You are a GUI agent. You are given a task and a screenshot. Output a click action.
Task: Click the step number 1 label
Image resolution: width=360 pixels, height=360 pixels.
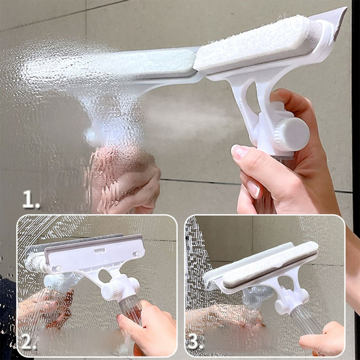click(31, 199)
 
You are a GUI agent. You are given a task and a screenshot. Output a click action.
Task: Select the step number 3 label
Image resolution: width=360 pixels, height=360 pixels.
click(195, 343)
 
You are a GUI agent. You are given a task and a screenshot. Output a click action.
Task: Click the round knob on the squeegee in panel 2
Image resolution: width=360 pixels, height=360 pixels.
click(109, 291)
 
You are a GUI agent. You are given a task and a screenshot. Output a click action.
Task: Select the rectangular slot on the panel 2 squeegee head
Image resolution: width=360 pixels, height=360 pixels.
click(99, 250)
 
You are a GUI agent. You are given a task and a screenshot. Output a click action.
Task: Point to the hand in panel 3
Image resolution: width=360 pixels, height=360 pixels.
click(323, 338)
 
